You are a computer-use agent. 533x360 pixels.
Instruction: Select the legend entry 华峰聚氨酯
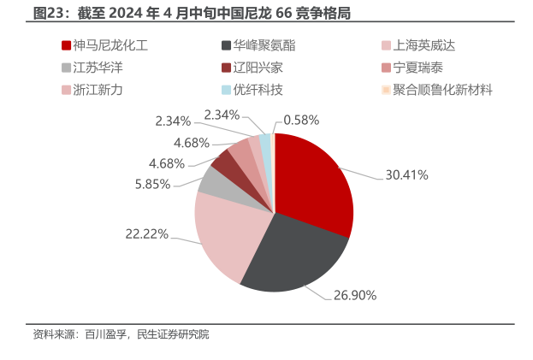[x=262, y=45]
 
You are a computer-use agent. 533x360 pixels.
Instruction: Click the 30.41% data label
[x=406, y=174]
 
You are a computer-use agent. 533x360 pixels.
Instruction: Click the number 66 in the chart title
[x=286, y=15]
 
